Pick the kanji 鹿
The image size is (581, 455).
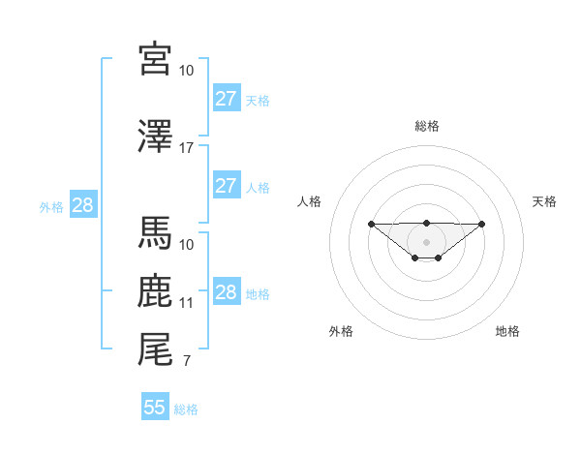155,291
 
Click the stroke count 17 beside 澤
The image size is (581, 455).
187,148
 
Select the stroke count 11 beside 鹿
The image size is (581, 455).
187,303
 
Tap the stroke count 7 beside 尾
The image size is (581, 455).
186,362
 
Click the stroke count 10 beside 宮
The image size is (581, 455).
187,71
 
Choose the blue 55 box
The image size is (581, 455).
155,408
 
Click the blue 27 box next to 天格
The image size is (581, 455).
226,98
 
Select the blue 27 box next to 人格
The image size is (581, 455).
226,186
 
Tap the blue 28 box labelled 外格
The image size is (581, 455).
82,205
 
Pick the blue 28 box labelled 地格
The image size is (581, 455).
226,292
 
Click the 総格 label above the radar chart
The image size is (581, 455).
426,126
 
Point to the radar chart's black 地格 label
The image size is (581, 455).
507,332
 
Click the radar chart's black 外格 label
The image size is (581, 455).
341,332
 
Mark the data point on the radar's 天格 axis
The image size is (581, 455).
482,224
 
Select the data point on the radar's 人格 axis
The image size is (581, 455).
371,224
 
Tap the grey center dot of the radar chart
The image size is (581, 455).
426,241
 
